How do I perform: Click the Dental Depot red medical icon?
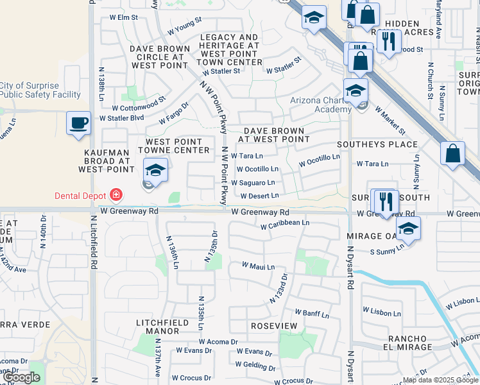point(116,193)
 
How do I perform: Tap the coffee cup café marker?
point(78,123)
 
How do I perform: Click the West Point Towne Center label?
point(174,146)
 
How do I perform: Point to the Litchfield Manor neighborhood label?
point(158,326)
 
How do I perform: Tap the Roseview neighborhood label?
point(274,326)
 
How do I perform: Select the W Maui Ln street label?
point(258,266)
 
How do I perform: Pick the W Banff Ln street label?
point(312,314)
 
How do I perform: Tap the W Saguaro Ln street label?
point(257,183)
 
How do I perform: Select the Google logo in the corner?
point(21,377)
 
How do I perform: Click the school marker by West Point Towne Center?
point(155,170)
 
